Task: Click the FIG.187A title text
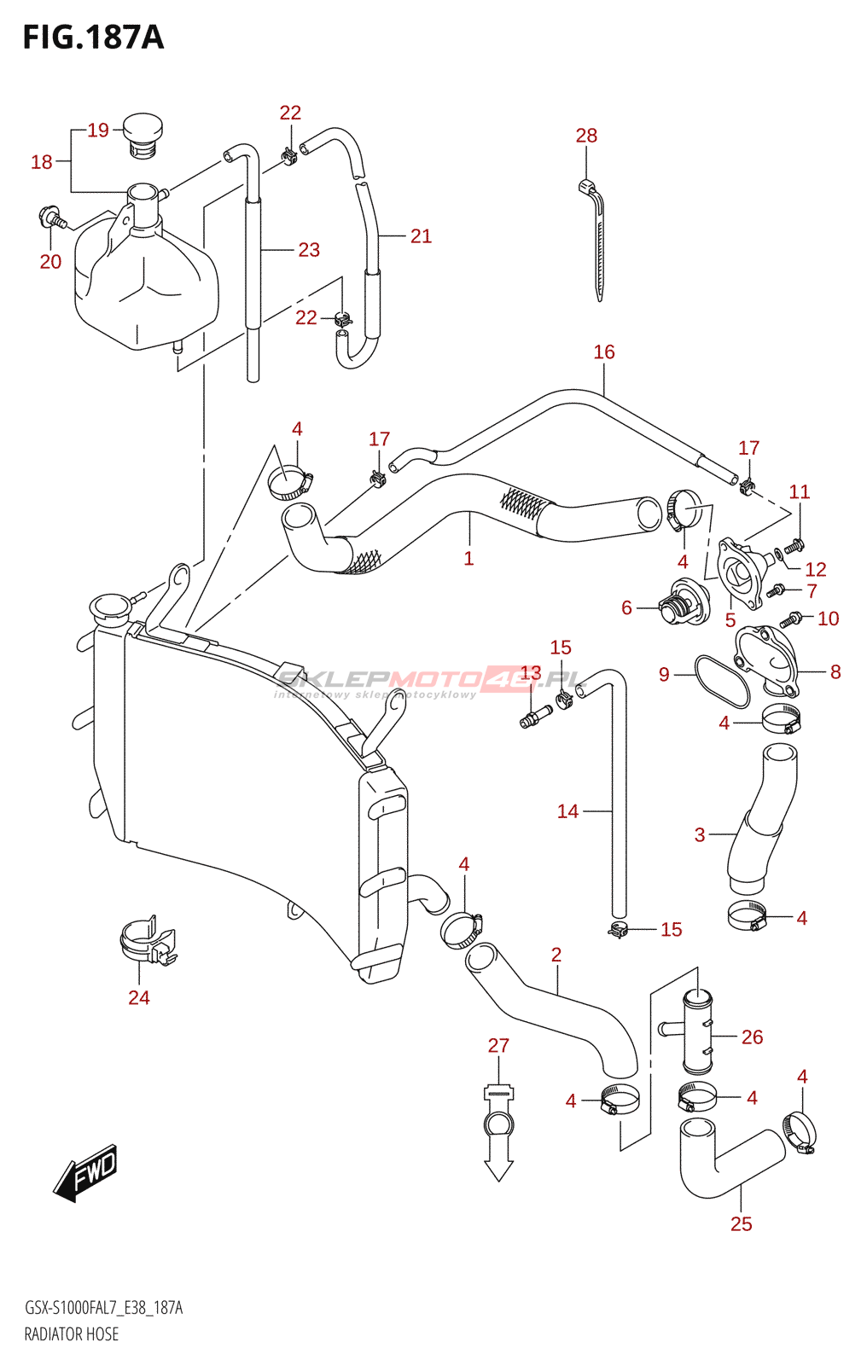(93, 38)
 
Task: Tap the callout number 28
(586, 136)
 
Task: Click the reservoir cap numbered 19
(143, 136)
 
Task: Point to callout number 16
(603, 351)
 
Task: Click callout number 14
(567, 811)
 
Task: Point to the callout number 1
(468, 558)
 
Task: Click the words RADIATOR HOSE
(72, 1334)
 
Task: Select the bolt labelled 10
(789, 619)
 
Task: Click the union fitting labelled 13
(535, 716)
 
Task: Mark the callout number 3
(700, 834)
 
